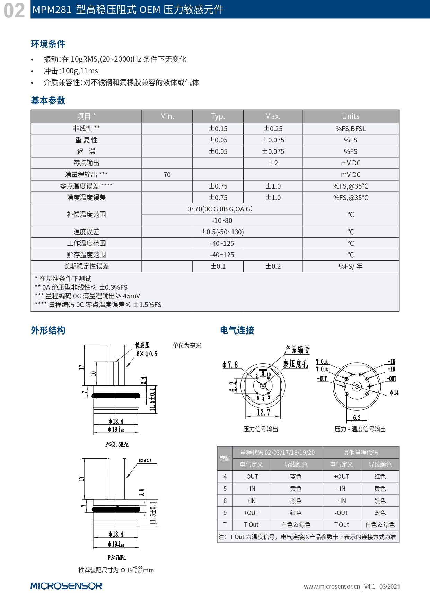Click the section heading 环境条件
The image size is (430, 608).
[48, 44]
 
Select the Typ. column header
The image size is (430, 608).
[218, 116]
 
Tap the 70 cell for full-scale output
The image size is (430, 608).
[167, 175]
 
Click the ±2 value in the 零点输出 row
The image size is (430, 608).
[273, 163]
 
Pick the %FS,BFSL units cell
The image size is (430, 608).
[351, 129]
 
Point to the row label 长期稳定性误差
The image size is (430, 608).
[86, 266]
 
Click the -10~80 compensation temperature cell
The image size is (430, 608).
[222, 220]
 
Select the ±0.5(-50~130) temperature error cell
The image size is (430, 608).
[222, 232]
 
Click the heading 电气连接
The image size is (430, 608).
[237, 330]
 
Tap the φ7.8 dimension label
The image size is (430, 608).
[230, 365]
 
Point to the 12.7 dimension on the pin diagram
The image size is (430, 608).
[263, 412]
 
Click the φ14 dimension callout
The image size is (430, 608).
[394, 393]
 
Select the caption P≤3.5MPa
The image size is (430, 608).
[117, 444]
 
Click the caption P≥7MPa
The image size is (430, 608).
[116, 558]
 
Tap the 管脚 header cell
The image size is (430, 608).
[225, 458]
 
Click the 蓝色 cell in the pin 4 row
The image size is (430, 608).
[296, 477]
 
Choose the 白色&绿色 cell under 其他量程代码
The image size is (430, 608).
[380, 525]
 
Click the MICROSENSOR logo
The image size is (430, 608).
[66, 586]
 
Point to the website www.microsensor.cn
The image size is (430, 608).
[332, 587]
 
